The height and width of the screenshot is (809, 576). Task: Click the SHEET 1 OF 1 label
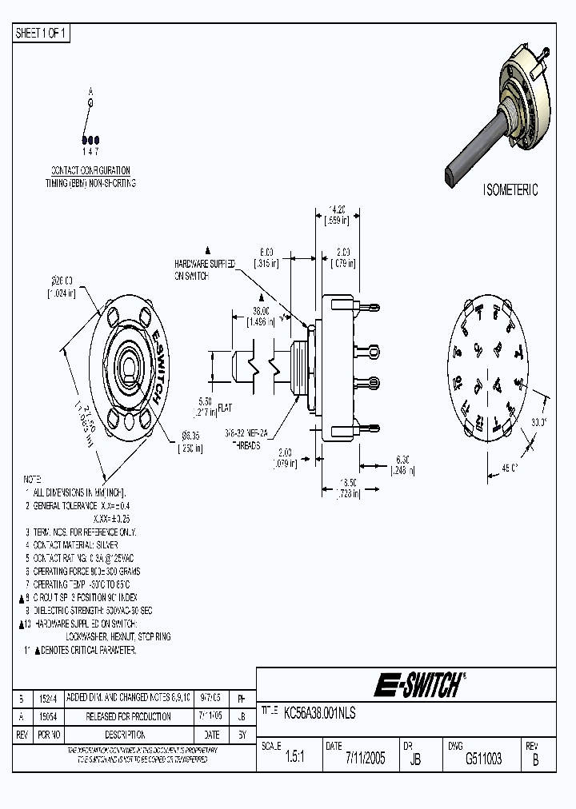click(x=42, y=33)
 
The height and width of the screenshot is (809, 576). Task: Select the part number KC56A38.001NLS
click(x=320, y=711)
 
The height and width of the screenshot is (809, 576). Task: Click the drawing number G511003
click(x=483, y=759)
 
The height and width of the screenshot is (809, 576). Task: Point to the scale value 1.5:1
click(x=294, y=759)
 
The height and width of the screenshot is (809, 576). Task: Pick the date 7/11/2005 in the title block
click(x=366, y=759)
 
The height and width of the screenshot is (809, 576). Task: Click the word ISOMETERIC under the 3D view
click(x=510, y=190)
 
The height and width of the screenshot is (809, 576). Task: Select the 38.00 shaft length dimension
click(x=261, y=311)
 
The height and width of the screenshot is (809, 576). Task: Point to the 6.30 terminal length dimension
click(x=402, y=460)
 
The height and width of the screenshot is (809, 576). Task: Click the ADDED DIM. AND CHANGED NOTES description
click(x=128, y=698)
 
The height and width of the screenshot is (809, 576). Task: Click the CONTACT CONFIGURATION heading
click(x=90, y=171)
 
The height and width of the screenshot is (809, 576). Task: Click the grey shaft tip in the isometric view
click(x=450, y=173)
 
